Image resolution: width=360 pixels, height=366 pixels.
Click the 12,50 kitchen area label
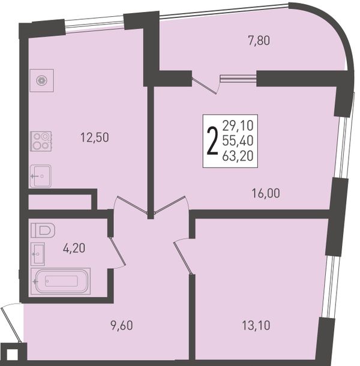[95, 137]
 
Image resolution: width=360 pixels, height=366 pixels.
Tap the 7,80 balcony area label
[259, 40]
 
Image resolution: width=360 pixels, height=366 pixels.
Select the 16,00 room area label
[266, 193]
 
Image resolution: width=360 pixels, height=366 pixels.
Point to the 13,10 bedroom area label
[256, 325]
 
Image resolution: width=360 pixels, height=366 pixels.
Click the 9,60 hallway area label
[122, 325]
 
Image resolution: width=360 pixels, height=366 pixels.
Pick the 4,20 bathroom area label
[74, 248]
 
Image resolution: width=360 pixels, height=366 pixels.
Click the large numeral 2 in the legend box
[212, 142]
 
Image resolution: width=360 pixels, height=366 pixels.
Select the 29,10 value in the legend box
[238, 125]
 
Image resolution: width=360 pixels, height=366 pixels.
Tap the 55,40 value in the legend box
[238, 140]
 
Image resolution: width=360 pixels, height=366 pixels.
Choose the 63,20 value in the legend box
[238, 155]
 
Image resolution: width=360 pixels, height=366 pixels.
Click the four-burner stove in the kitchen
[41, 141]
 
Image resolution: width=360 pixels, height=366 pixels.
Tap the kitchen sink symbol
[41, 176]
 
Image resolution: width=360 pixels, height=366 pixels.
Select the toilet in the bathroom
[43, 230]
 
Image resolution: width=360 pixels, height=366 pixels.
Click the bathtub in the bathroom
[61, 281]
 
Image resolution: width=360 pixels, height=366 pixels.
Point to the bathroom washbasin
[38, 254]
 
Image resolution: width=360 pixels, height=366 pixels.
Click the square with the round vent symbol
[42, 80]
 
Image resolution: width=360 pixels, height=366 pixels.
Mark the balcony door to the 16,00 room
[205, 82]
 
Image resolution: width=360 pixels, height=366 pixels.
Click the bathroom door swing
[117, 252]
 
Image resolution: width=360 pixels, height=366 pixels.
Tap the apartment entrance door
[11, 323]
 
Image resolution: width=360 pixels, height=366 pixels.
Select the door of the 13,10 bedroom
[184, 257]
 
